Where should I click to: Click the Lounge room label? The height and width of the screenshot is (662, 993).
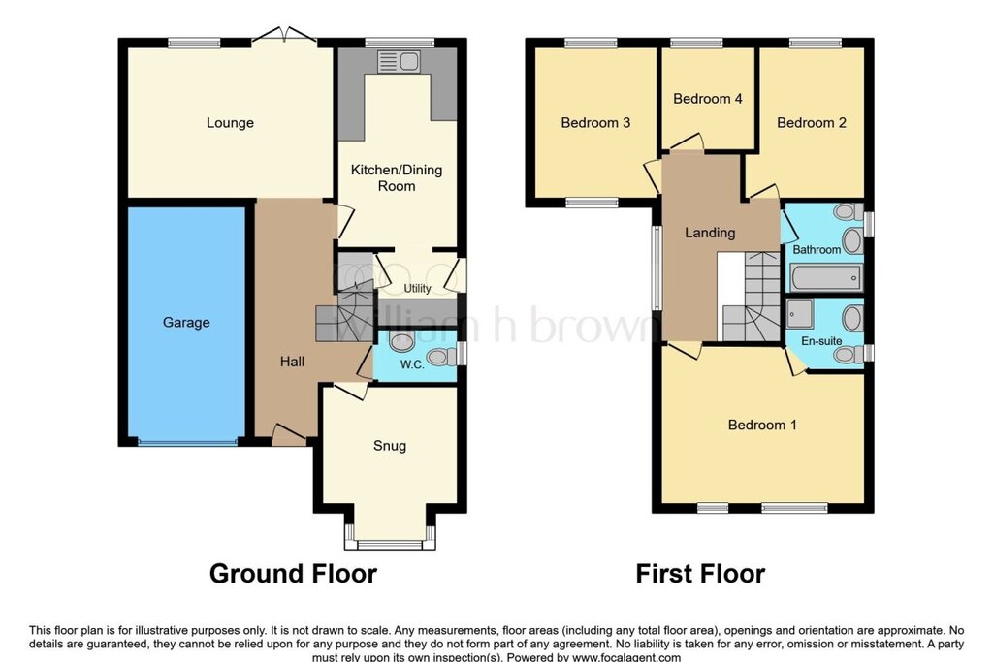coord(230,123)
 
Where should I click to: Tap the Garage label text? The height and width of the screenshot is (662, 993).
coord(186,322)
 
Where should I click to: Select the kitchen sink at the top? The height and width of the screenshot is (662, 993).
coord(399,61)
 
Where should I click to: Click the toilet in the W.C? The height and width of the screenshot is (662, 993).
coord(442,357)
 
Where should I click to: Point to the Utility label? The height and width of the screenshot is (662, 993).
coord(417,288)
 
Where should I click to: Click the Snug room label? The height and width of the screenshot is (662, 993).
coord(390,446)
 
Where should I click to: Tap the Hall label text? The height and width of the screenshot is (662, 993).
coord(292,362)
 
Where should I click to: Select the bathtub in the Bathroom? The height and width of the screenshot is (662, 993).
coord(826,278)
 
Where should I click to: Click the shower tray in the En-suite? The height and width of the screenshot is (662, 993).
coord(800,314)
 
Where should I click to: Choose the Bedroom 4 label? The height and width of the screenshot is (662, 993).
coord(707,99)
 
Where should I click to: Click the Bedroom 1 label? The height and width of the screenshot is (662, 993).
coord(762,425)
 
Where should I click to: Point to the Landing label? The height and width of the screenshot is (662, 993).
coord(710,233)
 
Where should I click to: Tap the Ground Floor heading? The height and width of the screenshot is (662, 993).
coord(293,574)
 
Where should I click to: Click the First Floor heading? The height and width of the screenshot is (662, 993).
coord(700,574)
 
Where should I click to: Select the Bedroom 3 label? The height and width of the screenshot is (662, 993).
coord(595,123)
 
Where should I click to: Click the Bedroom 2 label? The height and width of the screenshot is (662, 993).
coord(812,123)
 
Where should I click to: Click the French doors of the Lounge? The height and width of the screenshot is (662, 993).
coord(284,37)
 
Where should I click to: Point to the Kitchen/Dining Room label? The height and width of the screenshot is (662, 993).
coord(397,177)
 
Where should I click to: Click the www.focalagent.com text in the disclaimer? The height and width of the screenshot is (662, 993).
coord(626,657)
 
